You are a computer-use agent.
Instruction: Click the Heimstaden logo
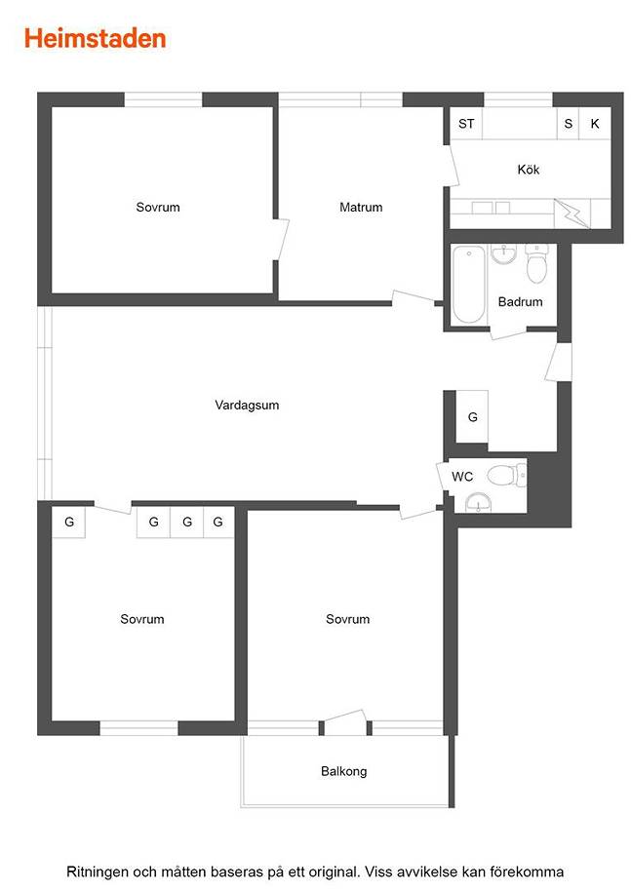[x=95, y=39]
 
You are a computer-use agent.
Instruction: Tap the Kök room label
[x=528, y=170]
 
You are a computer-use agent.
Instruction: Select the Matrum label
[x=361, y=207]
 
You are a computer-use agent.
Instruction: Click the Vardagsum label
[x=247, y=405]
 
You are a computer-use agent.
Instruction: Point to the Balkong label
[x=343, y=771]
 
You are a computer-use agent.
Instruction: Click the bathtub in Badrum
[x=469, y=285]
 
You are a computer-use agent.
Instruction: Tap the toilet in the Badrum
[x=536, y=263]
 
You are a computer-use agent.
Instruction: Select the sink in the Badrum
[x=503, y=254]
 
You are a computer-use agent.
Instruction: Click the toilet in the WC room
[x=507, y=475]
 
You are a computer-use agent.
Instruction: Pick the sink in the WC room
[x=479, y=502]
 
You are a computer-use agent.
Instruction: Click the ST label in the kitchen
[x=466, y=124]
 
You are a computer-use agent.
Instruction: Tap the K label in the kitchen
[x=595, y=124]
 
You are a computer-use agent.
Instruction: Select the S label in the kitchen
[x=568, y=124]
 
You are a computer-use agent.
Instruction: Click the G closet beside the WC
[x=472, y=417]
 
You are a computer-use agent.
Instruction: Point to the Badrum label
[x=520, y=301]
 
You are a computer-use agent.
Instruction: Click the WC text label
[x=462, y=477]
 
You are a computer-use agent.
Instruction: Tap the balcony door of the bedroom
[x=345, y=721]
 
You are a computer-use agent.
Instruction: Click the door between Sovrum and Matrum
[x=281, y=240]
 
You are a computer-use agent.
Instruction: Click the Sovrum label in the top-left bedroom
[x=158, y=207]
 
